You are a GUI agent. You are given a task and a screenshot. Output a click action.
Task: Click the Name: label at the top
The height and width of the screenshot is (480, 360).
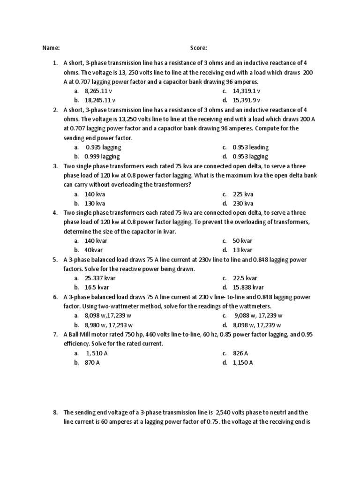click(x=51, y=48)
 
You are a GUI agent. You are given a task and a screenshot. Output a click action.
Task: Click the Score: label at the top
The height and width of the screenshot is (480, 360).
click(x=199, y=48)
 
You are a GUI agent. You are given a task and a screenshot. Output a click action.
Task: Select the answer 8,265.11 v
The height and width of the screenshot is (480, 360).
click(x=98, y=91)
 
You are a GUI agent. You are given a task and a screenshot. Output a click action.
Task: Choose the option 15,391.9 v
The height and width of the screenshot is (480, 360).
click(x=246, y=100)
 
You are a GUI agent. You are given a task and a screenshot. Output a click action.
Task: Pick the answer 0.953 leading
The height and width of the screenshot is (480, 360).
click(x=250, y=147)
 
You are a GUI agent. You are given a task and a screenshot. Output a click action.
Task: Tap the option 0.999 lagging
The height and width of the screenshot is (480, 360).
click(x=102, y=157)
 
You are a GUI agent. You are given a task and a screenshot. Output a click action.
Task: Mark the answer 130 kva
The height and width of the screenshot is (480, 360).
click(x=95, y=203)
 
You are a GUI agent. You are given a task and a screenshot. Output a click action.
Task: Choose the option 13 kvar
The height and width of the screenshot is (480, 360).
click(x=242, y=250)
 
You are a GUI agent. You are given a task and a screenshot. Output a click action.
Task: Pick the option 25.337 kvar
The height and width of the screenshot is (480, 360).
click(x=100, y=278)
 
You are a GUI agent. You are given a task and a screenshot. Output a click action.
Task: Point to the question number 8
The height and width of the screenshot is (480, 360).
click(x=55, y=412)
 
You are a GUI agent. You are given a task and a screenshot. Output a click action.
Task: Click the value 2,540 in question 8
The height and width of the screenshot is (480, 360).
click(x=224, y=412)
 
